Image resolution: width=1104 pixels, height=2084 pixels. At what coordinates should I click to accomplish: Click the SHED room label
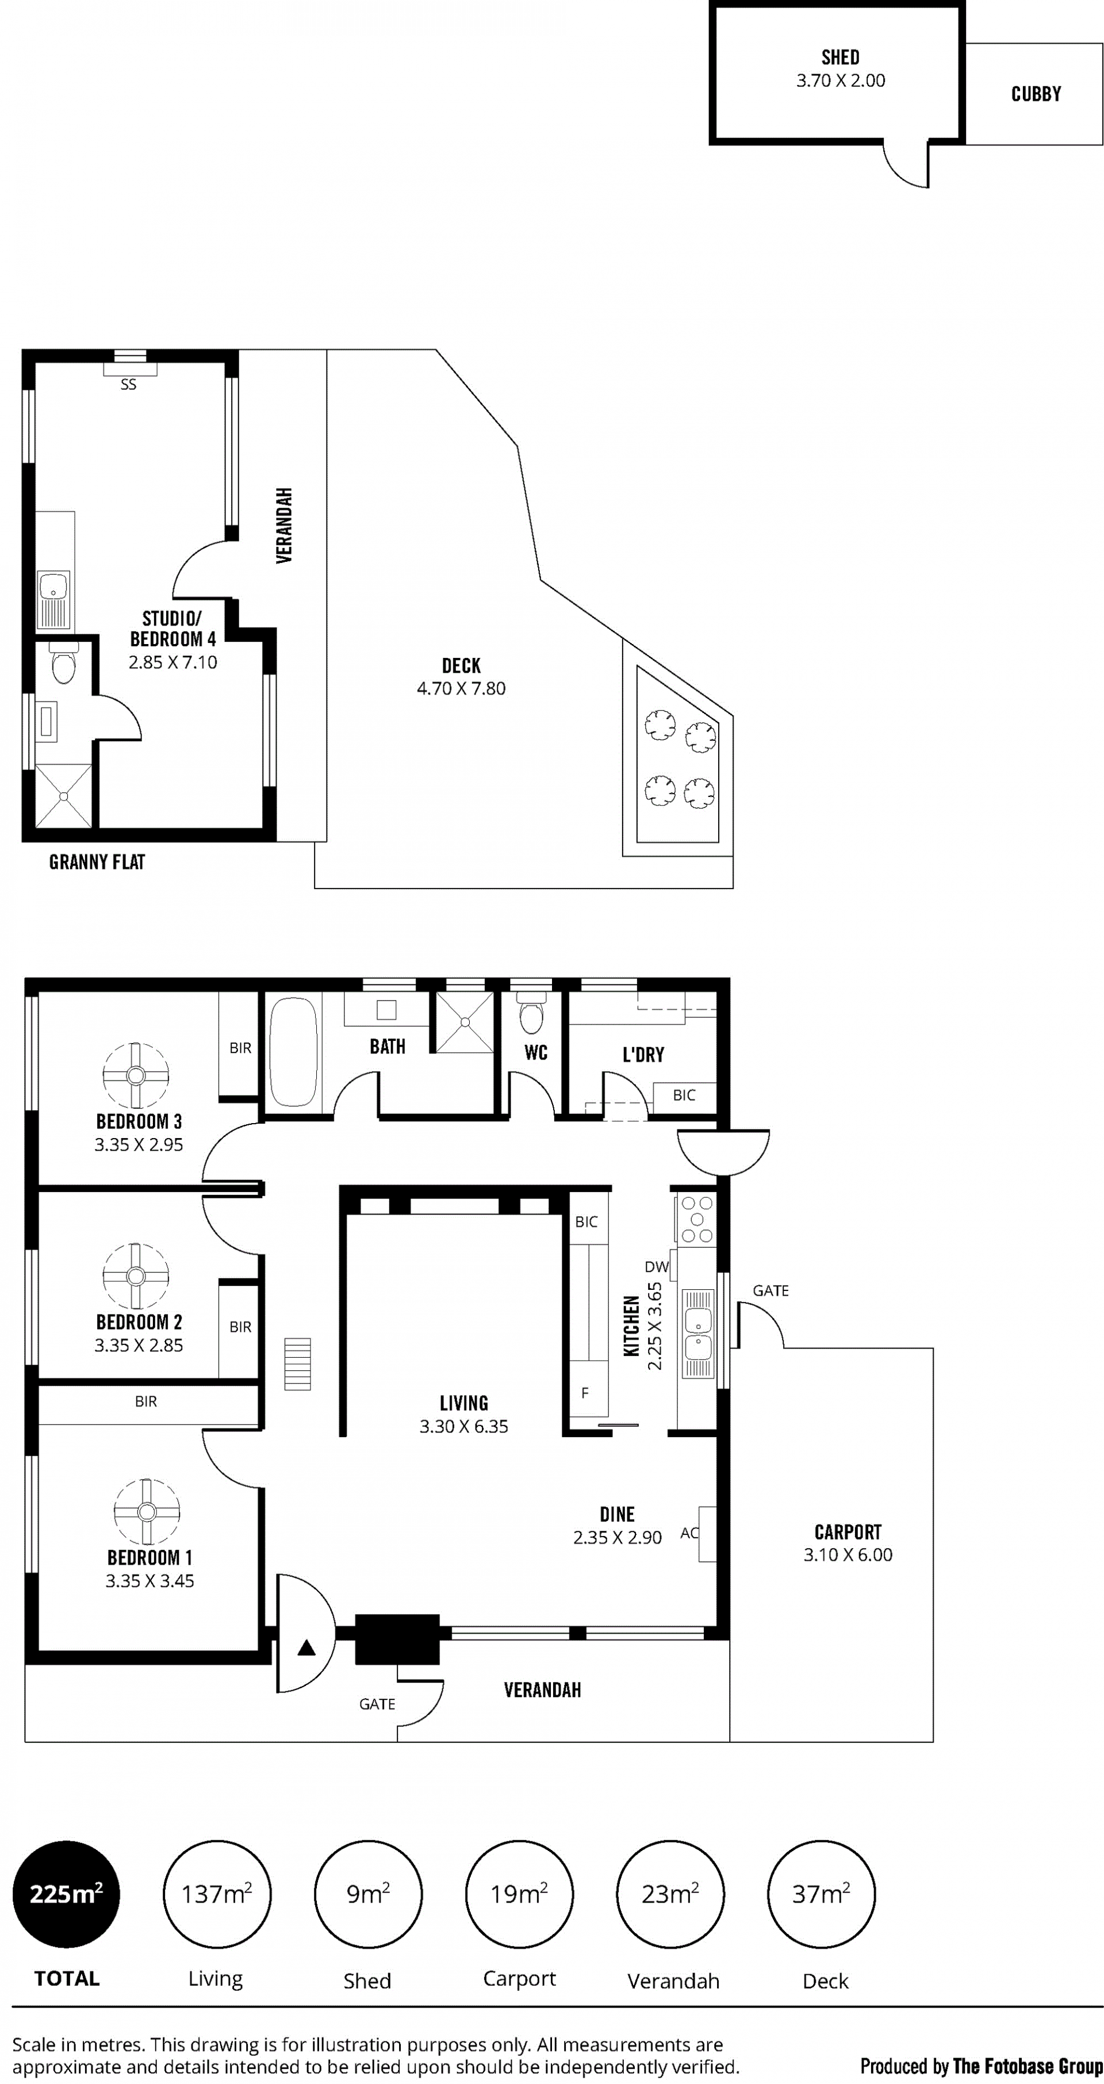(x=840, y=58)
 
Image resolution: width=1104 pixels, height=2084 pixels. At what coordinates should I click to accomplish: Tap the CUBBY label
(x=1036, y=94)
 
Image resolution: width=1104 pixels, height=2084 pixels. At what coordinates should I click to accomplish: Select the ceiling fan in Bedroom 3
(x=136, y=1075)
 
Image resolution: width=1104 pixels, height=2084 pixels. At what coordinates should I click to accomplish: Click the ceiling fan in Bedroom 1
(x=147, y=1512)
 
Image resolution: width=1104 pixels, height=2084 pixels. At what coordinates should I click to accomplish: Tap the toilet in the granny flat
(x=63, y=664)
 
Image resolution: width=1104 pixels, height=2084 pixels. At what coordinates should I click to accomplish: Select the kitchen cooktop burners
(x=697, y=1219)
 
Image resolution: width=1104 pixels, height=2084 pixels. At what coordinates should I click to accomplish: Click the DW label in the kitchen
(x=657, y=1267)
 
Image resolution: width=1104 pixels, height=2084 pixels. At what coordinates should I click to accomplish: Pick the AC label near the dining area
(x=689, y=1533)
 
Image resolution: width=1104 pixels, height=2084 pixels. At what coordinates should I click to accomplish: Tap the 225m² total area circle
(x=66, y=1895)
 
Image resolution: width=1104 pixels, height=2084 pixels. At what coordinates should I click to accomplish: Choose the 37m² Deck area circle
(x=821, y=1895)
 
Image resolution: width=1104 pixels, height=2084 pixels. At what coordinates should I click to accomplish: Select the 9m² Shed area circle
(x=368, y=1895)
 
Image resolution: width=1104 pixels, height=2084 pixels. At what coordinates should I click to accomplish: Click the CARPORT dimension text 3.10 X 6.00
(x=848, y=1555)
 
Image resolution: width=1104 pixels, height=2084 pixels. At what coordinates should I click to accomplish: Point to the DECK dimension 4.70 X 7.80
(x=461, y=688)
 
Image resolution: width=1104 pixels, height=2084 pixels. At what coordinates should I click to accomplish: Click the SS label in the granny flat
(x=129, y=385)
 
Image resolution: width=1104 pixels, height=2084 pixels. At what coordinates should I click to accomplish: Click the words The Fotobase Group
(x=1028, y=2066)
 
